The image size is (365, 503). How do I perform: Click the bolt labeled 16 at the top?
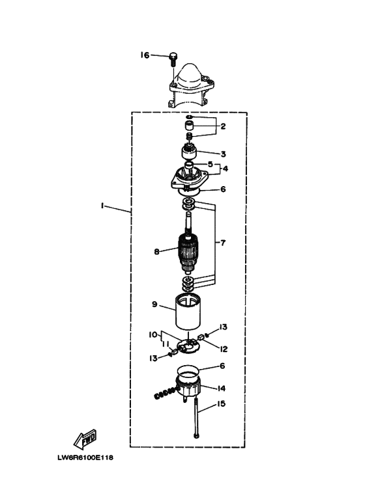pyautogui.click(x=173, y=59)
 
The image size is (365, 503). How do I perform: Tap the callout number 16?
pyautogui.click(x=145, y=55)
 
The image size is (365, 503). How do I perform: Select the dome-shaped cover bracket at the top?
pyautogui.click(x=190, y=85)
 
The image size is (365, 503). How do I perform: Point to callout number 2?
pyautogui.click(x=223, y=126)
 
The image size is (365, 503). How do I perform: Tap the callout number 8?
pyautogui.click(x=156, y=252)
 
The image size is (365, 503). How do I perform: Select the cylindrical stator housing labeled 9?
pyautogui.click(x=188, y=313)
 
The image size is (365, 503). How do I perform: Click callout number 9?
pyautogui.click(x=154, y=304)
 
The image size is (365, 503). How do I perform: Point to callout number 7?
pyautogui.click(x=223, y=243)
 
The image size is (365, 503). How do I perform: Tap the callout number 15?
pyautogui.click(x=221, y=403)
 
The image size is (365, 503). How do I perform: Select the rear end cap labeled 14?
pyautogui.click(x=188, y=385)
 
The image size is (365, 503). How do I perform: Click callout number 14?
pyautogui.click(x=222, y=388)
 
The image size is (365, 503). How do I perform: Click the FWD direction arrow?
pyautogui.click(x=85, y=439)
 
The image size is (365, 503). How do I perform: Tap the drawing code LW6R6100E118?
pyautogui.click(x=85, y=457)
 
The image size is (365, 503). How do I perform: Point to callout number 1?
pyautogui.click(x=102, y=206)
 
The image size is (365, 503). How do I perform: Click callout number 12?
pyautogui.click(x=224, y=349)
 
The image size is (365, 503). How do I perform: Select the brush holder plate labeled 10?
pyautogui.click(x=188, y=346)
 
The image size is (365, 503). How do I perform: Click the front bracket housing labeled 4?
pyautogui.click(x=189, y=179)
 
